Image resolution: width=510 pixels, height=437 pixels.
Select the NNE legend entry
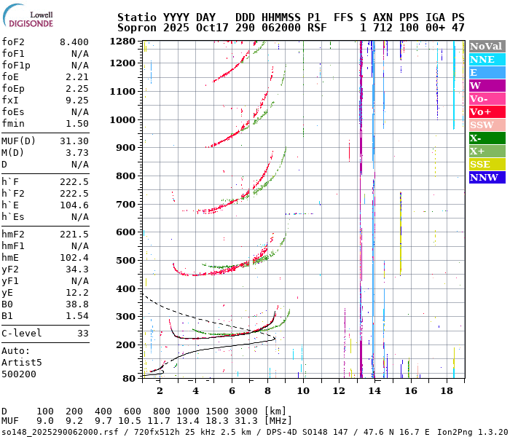tap(486, 59)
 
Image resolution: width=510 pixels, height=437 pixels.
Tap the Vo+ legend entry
tap(486, 111)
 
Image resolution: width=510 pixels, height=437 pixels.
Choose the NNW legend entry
tap(486, 177)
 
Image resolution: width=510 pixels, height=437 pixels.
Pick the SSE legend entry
tap(486, 164)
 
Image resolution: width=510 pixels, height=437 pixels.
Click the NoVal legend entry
tap(486, 46)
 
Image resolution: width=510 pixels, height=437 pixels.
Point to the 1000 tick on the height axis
tap(125, 119)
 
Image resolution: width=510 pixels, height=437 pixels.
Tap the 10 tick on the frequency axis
tap(303, 390)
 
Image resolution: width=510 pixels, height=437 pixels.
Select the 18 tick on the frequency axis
tap(447, 390)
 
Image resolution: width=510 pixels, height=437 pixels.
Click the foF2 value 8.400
tap(74, 42)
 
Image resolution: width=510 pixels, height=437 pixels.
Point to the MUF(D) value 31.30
tap(74, 141)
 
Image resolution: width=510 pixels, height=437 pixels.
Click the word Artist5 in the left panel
tap(22, 362)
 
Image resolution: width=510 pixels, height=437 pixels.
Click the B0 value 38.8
tap(77, 303)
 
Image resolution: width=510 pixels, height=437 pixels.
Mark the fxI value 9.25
tap(77, 101)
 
